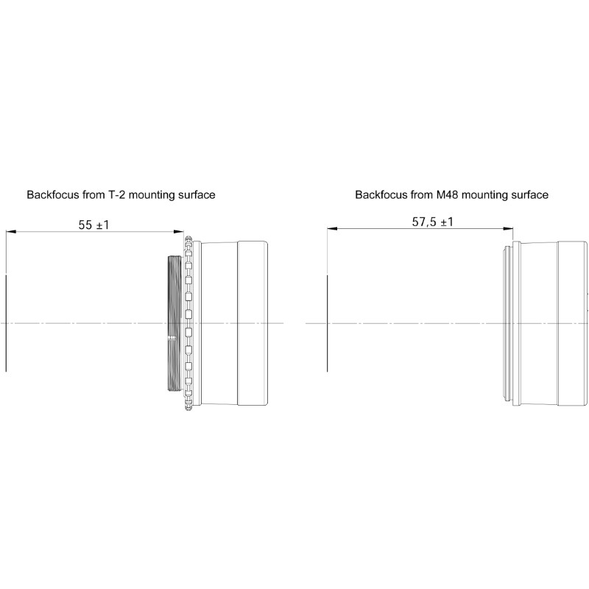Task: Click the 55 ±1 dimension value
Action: tap(94, 225)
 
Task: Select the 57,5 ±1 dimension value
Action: tap(433, 222)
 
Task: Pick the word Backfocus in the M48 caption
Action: tap(380, 195)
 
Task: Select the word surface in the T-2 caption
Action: tap(196, 195)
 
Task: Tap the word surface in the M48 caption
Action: tap(529, 195)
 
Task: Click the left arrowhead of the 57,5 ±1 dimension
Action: tap(331, 229)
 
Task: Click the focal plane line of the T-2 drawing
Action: tap(5, 324)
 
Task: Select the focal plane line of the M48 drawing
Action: tap(325, 324)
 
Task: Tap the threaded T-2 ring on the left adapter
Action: tap(173, 324)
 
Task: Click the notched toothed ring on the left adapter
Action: tap(189, 324)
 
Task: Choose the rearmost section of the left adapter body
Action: tap(252, 324)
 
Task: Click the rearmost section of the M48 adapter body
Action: tap(572, 324)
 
